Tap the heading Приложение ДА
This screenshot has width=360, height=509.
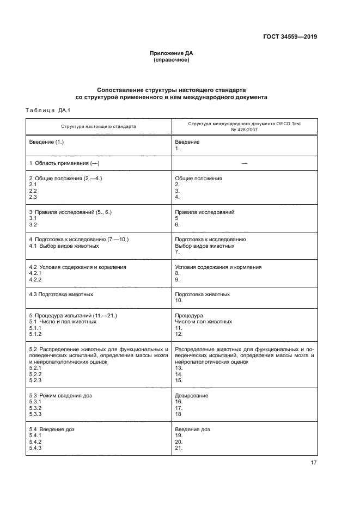[172, 53]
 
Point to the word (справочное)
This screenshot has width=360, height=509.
[172, 60]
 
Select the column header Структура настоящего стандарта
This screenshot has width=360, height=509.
[99, 126]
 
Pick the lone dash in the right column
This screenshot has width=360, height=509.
[244, 164]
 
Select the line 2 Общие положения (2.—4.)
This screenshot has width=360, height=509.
[66, 179]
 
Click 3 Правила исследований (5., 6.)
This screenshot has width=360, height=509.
[70, 212]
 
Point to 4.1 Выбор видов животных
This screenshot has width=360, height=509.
[64, 246]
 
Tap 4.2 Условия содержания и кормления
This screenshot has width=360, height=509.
[77, 267]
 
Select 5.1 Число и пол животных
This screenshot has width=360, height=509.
[63, 322]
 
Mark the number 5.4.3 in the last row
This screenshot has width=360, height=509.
[35, 448]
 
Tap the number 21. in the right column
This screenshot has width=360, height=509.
[179, 448]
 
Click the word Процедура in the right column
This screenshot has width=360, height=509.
[188, 315]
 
